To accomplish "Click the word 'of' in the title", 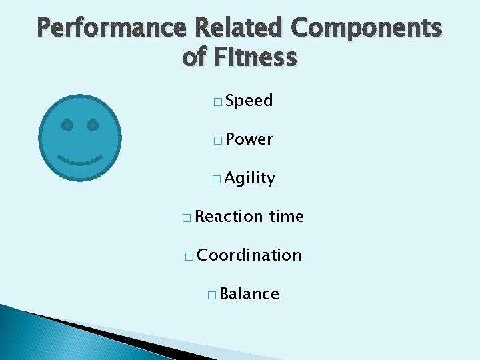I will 195,58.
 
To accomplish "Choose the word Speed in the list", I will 249,101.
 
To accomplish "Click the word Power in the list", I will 249,139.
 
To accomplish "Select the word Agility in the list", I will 250,178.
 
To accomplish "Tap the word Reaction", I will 230,217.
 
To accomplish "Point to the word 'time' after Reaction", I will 287,217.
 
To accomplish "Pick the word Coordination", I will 250,255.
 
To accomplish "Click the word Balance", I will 249,294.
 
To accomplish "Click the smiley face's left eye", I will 67,125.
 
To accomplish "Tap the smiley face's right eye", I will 93,125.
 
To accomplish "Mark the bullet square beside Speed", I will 218,102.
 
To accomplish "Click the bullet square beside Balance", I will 211,295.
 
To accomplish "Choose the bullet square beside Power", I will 218,141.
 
